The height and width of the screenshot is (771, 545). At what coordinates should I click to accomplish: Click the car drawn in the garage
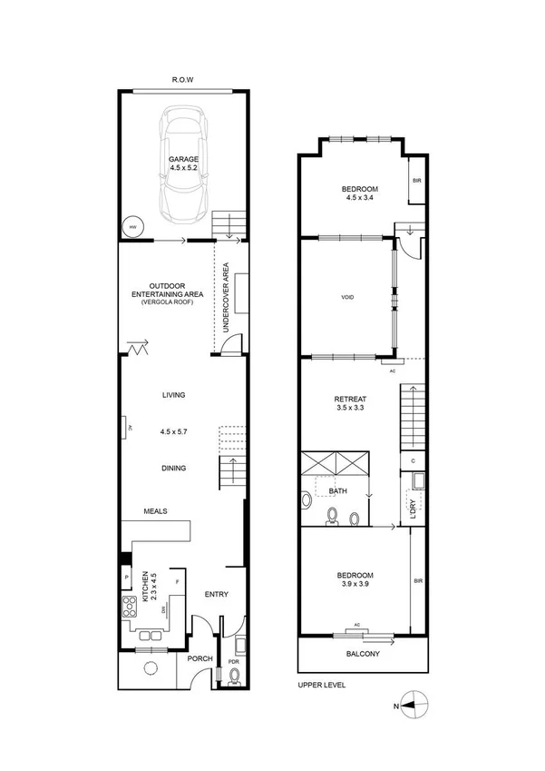coord(184,164)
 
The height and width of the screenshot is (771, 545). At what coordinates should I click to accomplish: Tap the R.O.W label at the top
coord(183,80)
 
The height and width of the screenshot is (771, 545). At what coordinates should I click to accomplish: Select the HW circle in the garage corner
coord(131,227)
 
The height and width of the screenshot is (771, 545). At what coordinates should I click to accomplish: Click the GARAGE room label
coord(182,159)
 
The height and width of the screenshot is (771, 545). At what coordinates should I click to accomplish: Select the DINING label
coord(174,469)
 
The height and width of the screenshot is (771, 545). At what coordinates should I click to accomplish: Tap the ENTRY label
coord(216,595)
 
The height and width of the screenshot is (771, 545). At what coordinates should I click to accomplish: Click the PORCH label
coord(200,659)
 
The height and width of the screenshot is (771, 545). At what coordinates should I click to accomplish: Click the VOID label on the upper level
coord(347,298)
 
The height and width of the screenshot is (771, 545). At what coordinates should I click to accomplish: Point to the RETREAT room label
coord(349,399)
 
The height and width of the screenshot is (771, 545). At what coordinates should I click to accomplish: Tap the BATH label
coord(338,491)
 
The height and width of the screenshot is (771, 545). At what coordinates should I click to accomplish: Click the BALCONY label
coord(363,654)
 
